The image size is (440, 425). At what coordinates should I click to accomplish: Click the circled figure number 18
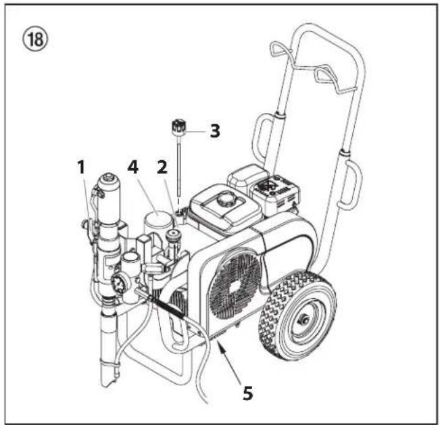(35, 40)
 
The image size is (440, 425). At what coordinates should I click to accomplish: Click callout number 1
(81, 167)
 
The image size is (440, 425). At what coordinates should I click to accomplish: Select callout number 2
(162, 167)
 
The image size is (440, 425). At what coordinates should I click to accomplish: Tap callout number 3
(215, 131)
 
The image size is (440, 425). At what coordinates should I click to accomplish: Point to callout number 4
(132, 167)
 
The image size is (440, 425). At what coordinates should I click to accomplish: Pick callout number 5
(248, 393)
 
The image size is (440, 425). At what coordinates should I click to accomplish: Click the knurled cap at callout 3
(178, 126)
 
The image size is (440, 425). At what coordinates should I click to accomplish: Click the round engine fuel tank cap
(226, 199)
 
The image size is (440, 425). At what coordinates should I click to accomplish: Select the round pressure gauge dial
(118, 283)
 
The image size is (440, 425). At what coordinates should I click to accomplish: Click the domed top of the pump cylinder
(109, 178)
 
